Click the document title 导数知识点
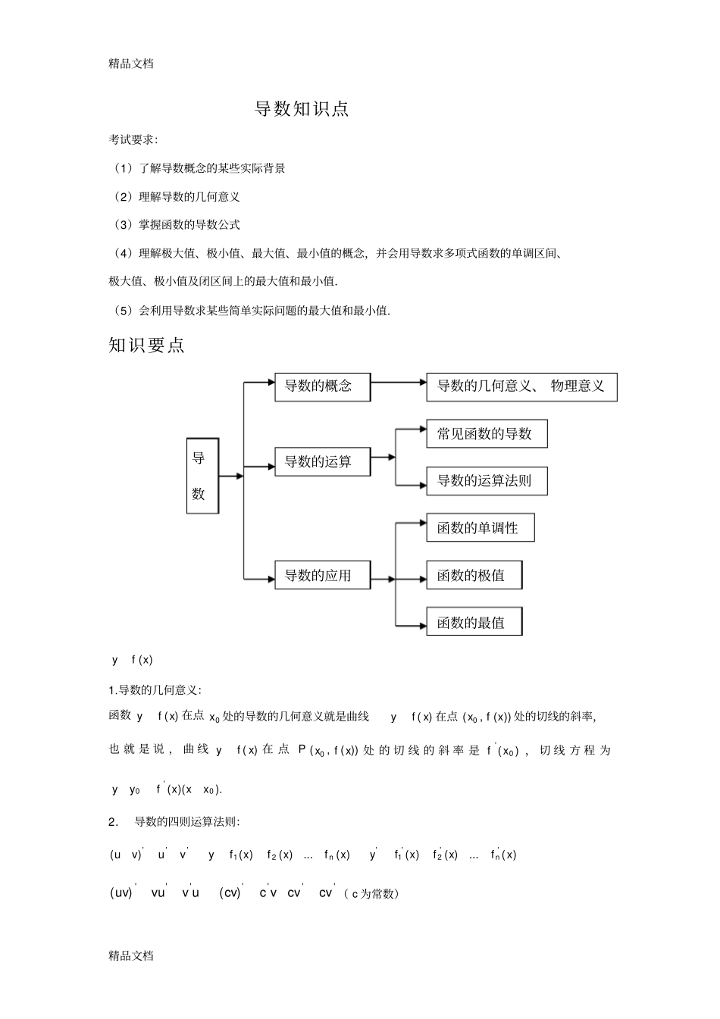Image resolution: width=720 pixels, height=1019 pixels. [x=302, y=109]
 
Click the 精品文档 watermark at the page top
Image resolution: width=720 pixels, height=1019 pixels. [x=131, y=64]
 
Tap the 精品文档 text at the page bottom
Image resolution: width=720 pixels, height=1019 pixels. [x=131, y=955]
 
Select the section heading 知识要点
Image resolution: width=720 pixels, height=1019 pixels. [x=147, y=345]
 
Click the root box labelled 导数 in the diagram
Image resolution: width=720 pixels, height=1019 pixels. [x=202, y=476]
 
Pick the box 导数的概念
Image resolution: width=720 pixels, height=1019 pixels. [x=323, y=386]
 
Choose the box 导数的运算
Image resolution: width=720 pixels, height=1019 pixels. [x=323, y=461]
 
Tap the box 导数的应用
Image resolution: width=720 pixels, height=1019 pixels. [x=323, y=576]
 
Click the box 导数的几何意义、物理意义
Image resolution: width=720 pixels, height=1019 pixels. [x=521, y=386]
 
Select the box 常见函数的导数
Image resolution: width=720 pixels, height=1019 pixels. [x=487, y=434]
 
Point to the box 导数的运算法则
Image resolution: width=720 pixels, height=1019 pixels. [x=487, y=481]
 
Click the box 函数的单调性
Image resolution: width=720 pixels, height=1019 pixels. [x=481, y=528]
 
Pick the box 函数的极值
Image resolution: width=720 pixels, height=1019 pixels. [x=474, y=576]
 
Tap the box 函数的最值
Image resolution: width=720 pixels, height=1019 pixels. [x=474, y=623]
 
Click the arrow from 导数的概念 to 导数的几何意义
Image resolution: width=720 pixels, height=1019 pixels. [x=399, y=383]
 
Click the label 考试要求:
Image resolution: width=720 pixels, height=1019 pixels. [x=133, y=139]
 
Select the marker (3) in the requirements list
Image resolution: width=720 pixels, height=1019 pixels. [x=122, y=225]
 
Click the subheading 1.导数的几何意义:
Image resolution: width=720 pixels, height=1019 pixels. [x=155, y=690]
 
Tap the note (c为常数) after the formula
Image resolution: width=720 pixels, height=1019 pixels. [x=371, y=894]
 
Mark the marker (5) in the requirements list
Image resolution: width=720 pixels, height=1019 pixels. [x=122, y=311]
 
